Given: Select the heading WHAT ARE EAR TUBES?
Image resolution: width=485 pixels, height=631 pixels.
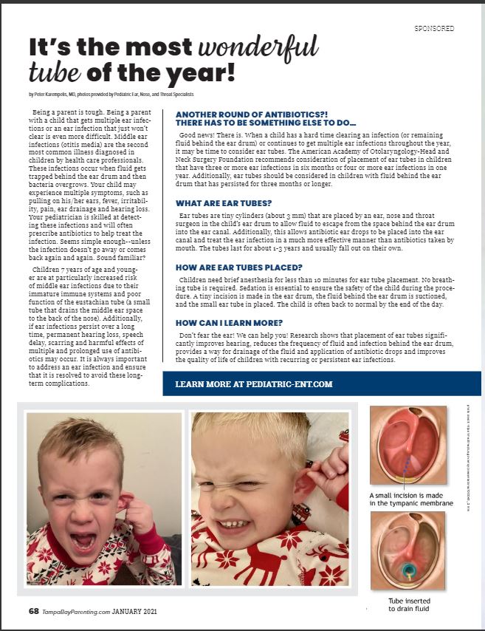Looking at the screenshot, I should tap(224, 203).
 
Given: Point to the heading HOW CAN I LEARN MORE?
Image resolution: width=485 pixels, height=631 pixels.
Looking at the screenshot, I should tap(230, 322).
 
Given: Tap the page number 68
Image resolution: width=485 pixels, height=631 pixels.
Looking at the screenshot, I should tap(34, 611).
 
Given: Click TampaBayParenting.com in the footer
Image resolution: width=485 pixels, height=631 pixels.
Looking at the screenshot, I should tap(79, 611).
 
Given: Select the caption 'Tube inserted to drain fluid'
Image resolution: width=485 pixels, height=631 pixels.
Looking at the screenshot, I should tap(409, 604).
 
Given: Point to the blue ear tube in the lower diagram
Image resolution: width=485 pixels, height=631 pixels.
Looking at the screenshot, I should tap(408, 570).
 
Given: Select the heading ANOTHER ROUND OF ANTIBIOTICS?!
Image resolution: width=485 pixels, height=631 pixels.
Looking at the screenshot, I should tap(244, 115).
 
